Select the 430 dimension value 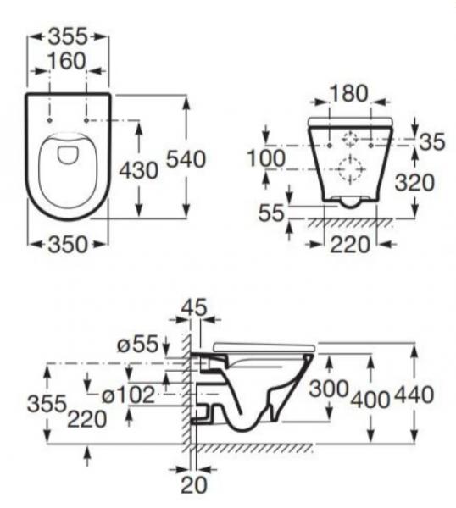click(136, 169)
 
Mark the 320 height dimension click(414, 182)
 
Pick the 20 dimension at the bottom click(195, 486)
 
